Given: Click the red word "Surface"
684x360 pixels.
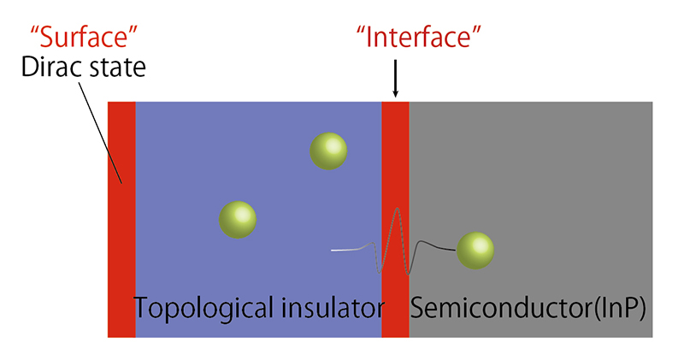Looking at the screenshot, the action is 84,37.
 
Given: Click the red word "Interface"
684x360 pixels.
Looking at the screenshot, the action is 419,37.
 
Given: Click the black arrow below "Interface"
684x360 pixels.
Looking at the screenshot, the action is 395,79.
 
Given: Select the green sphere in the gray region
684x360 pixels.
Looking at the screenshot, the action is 475,251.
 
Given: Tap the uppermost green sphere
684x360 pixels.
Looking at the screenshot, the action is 328,151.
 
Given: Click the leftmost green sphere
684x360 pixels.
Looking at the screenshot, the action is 238,220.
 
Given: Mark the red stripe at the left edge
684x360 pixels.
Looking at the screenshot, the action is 121,220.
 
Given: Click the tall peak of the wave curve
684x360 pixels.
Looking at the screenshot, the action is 397,209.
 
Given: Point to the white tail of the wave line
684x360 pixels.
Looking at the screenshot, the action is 345,250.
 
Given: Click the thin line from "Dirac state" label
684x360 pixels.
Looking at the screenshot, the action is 100,133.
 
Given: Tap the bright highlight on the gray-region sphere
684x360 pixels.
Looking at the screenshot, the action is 481,245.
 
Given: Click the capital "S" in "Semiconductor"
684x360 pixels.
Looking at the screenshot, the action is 418,308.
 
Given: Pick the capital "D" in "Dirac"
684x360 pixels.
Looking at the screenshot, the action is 29,68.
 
